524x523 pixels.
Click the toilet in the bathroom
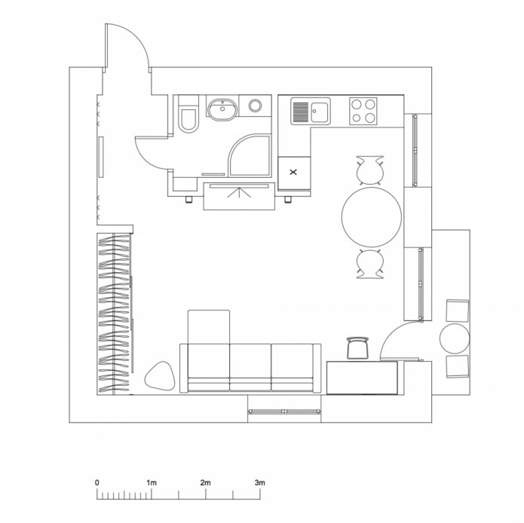(x=188, y=118)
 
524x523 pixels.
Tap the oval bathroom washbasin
(x=222, y=110)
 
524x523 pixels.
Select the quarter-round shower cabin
(x=249, y=156)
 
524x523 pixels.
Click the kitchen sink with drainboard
(x=310, y=112)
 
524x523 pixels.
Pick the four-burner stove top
(x=363, y=112)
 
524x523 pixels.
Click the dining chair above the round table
(x=370, y=170)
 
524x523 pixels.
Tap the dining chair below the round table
(x=370, y=264)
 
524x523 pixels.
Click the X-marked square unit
(x=293, y=173)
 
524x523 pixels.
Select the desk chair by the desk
(x=357, y=347)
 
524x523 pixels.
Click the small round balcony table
(x=455, y=338)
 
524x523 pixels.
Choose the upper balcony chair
(x=458, y=310)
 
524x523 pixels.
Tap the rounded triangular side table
(x=160, y=375)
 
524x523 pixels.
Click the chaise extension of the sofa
(x=208, y=327)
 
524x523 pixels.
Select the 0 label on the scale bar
(x=97, y=482)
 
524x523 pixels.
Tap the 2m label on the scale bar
(x=205, y=482)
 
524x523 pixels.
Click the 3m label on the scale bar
(x=259, y=482)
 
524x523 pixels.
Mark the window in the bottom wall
(x=285, y=411)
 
